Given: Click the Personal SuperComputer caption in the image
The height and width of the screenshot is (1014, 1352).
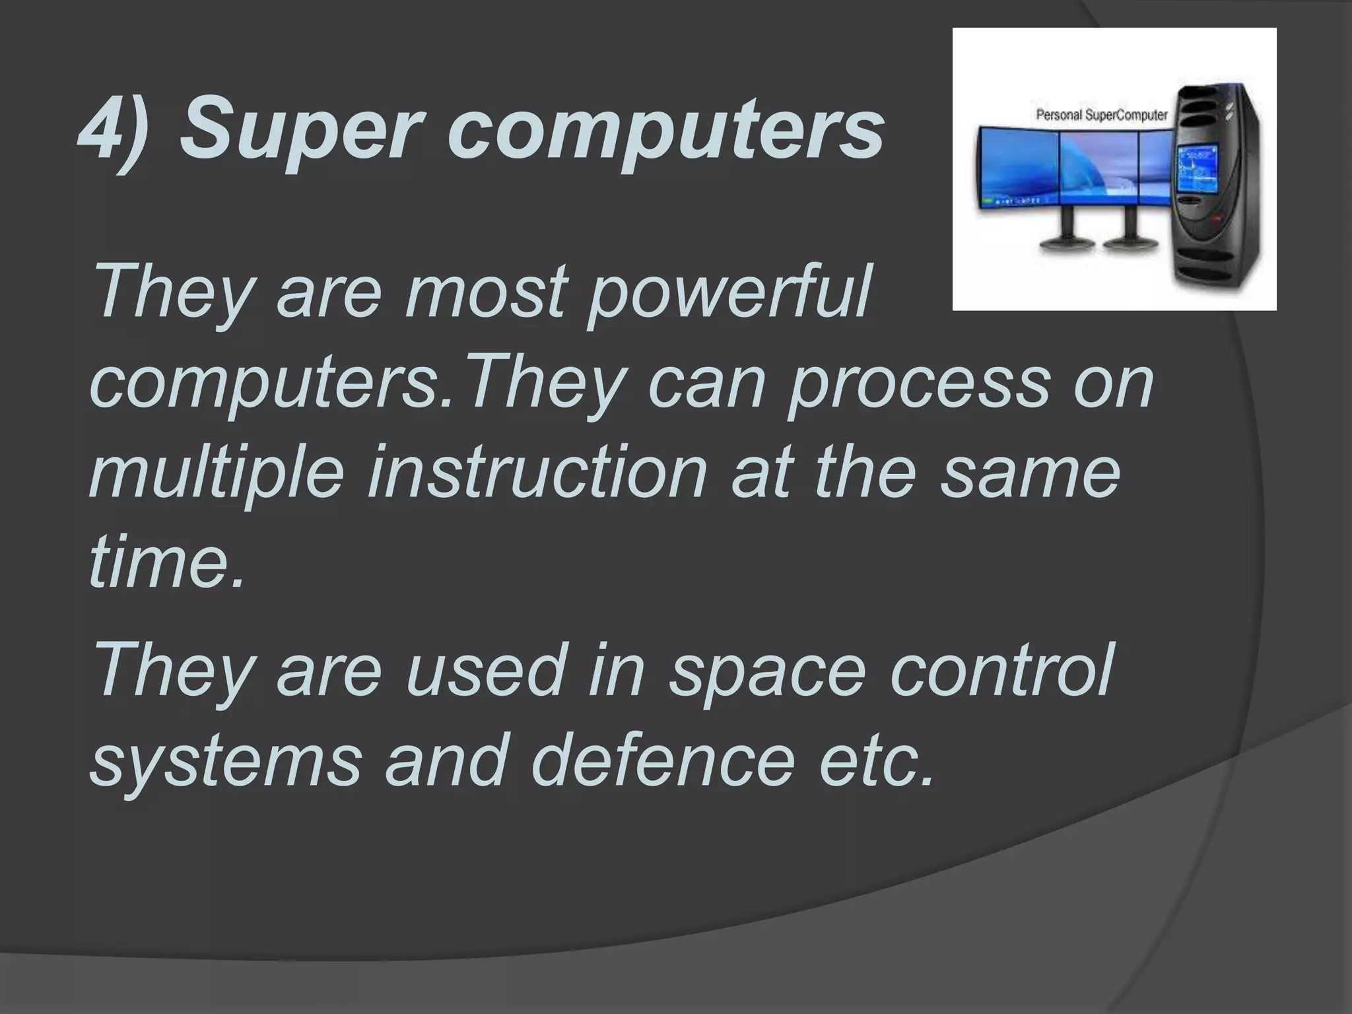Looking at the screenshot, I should pyautogui.click(x=1101, y=116).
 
